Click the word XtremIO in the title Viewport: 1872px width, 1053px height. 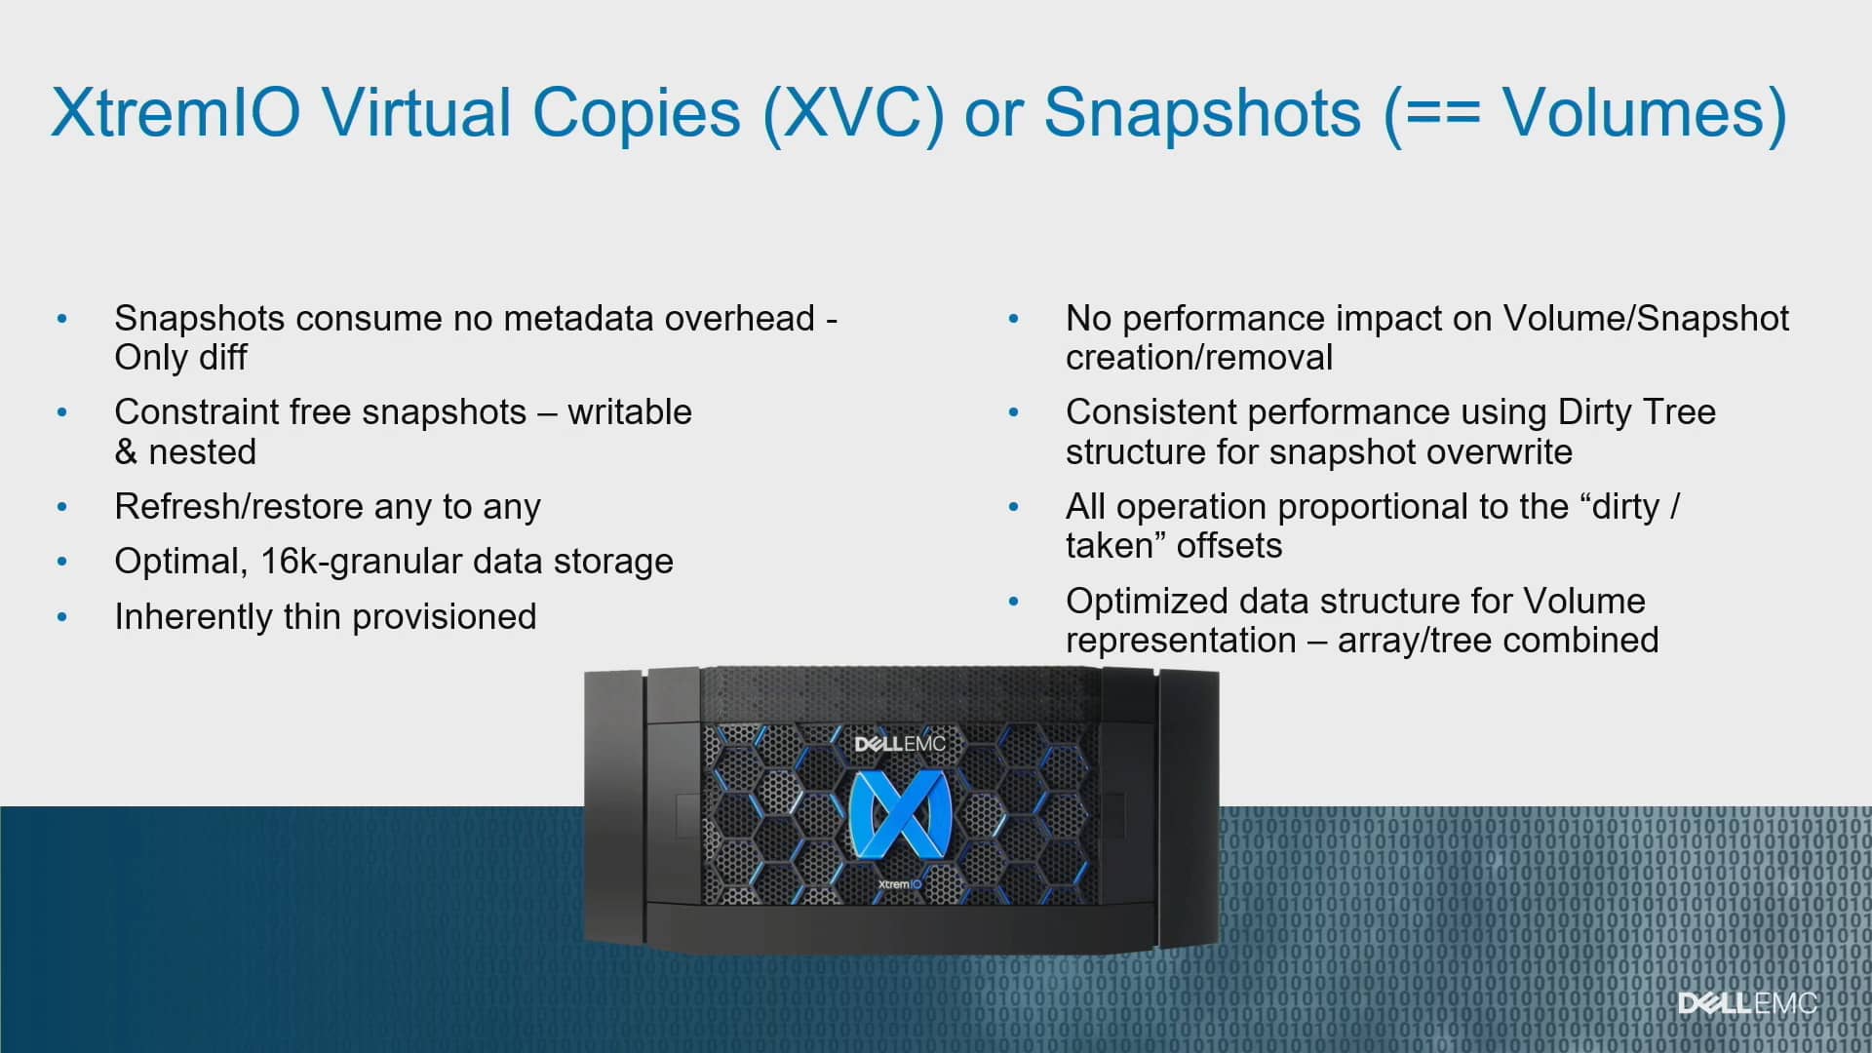coord(175,113)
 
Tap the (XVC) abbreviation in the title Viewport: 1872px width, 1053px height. coord(854,113)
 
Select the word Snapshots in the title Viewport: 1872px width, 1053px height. coord(1201,113)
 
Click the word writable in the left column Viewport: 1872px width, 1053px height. coord(629,412)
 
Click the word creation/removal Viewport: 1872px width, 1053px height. coord(1198,358)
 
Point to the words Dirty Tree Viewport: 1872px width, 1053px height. coord(1636,412)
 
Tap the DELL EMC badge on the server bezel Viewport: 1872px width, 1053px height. coord(899,744)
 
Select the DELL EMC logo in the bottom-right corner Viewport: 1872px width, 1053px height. coord(1747,1003)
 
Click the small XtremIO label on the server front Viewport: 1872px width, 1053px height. coord(899,884)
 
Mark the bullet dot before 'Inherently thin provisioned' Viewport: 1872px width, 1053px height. coord(62,617)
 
